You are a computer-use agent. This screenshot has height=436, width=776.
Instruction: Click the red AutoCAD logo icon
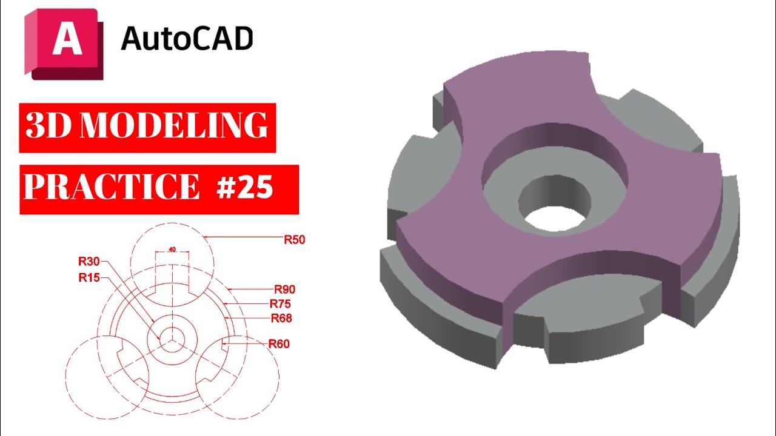click(x=63, y=44)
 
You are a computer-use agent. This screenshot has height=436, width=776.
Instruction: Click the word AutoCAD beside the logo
click(x=187, y=39)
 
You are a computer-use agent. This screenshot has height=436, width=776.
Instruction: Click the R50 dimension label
click(x=294, y=240)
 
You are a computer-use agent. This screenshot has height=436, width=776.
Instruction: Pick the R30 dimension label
click(x=89, y=262)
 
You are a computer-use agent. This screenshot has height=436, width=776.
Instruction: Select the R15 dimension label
click(x=89, y=278)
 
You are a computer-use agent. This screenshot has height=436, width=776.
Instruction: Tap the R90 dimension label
click(x=284, y=289)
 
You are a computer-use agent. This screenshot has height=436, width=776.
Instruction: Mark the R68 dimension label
click(x=281, y=318)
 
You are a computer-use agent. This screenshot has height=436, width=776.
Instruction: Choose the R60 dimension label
click(x=279, y=344)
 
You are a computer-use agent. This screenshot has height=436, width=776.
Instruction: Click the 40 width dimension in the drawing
click(x=172, y=249)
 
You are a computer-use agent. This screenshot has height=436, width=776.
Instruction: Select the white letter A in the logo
click(x=63, y=39)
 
